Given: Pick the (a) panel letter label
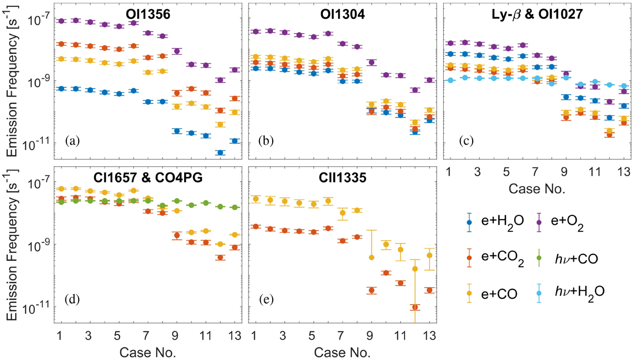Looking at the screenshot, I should [72, 141].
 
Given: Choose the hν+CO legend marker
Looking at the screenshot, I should [538, 258].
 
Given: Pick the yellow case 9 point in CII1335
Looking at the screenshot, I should [371, 257].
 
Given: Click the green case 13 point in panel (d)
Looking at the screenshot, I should [235, 207].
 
